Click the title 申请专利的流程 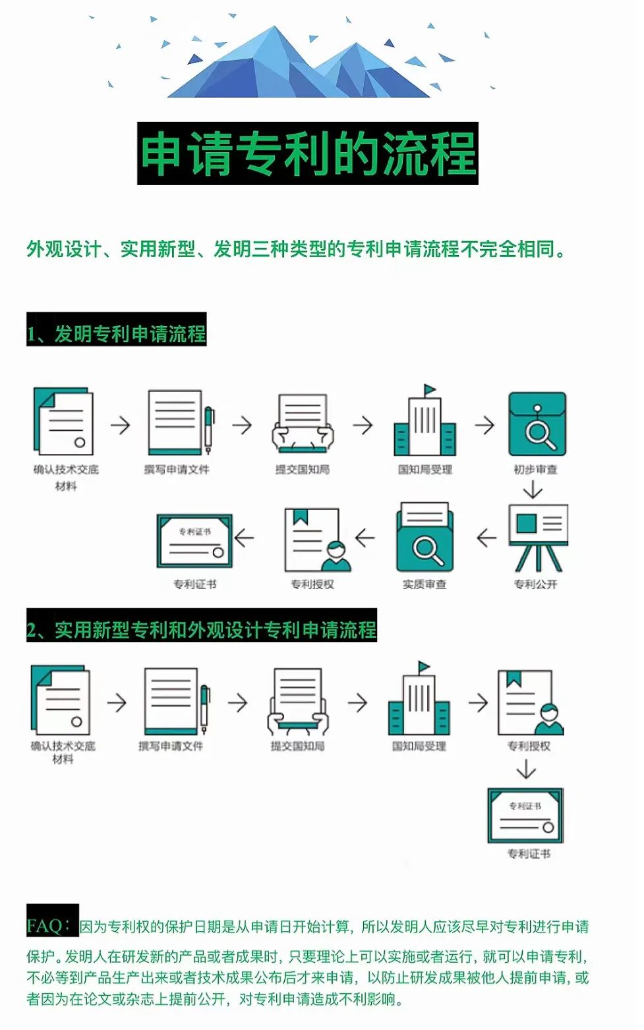[307, 154]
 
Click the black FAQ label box [52, 921]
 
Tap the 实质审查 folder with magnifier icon [424, 537]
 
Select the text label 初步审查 [535, 469]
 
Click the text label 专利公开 [535, 585]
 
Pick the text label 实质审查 [424, 585]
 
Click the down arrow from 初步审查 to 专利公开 [532, 490]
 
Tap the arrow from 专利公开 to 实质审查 [486, 538]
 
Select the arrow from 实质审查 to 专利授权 [365, 538]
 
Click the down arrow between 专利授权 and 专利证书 [526, 769]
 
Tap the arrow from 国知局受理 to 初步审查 [484, 425]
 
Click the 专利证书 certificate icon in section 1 [194, 541]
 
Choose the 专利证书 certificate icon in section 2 [525, 815]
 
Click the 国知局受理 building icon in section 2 [419, 699]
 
